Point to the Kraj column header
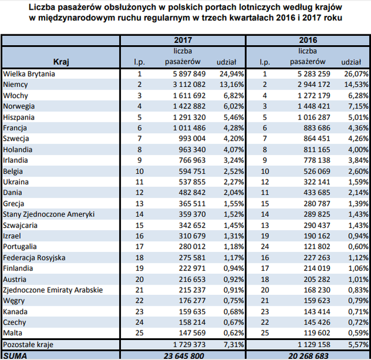pyautogui.click(x=61, y=61)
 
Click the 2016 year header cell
pyautogui.click(x=308, y=41)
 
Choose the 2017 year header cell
pyautogui.click(x=183, y=41)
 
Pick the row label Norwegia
pyautogui.click(x=19, y=106)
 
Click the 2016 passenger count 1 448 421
pyautogui.click(x=310, y=106)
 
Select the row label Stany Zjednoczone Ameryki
pyautogui.click(x=48, y=214)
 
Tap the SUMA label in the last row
pyautogui.click(x=16, y=355)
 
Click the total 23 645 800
pyautogui.click(x=183, y=355)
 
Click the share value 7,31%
pyautogui.click(x=231, y=345)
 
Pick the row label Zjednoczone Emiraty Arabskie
pyautogui.click(x=53, y=290)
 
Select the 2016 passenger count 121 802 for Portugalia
pyautogui.click(x=313, y=247)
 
